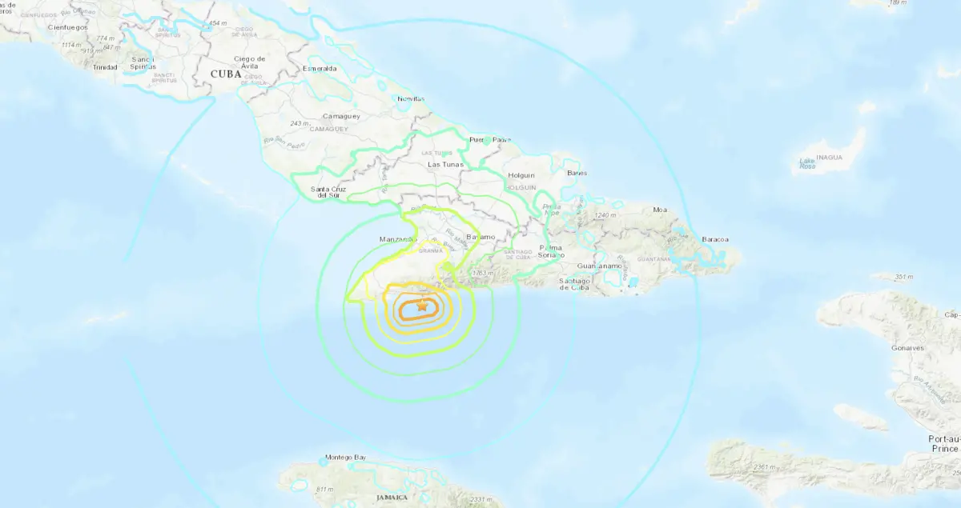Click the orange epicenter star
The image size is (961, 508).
[x=423, y=305]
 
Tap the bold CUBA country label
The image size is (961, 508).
[x=225, y=74]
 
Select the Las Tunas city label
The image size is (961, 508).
[x=445, y=165]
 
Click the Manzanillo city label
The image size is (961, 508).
[x=400, y=239]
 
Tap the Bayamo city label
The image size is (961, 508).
[x=481, y=237]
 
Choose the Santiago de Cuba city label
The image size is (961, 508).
[x=574, y=284]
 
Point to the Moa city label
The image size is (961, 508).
[x=660, y=210]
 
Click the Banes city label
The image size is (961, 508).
[x=577, y=173]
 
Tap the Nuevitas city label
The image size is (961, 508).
[x=412, y=99]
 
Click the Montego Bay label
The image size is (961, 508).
[x=345, y=458]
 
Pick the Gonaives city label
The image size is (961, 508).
[x=908, y=348]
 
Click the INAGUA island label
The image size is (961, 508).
[x=830, y=158]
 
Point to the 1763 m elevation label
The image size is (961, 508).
[x=480, y=274]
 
